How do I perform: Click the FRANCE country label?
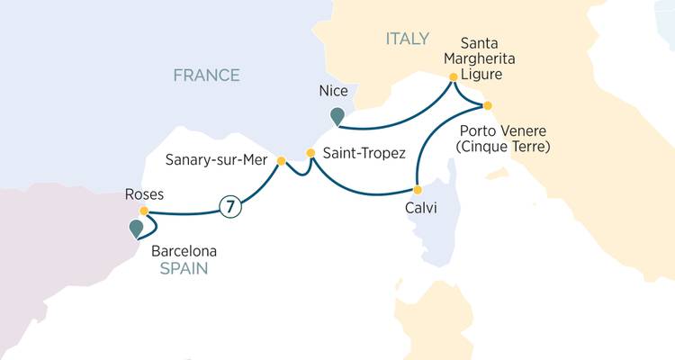click(207, 76)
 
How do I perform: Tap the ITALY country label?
click(407, 39)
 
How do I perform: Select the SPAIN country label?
click(177, 268)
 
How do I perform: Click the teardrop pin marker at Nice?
click(337, 114)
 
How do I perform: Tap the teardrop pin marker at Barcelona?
click(136, 229)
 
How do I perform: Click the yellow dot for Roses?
click(143, 211)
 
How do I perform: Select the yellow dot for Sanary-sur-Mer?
click(281, 161)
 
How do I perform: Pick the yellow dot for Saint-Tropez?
click(311, 153)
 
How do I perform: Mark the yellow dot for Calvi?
click(417, 190)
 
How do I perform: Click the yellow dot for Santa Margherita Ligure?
click(453, 76)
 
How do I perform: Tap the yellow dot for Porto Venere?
click(489, 105)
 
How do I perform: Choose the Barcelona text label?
click(178, 251)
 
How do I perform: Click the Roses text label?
click(143, 193)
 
